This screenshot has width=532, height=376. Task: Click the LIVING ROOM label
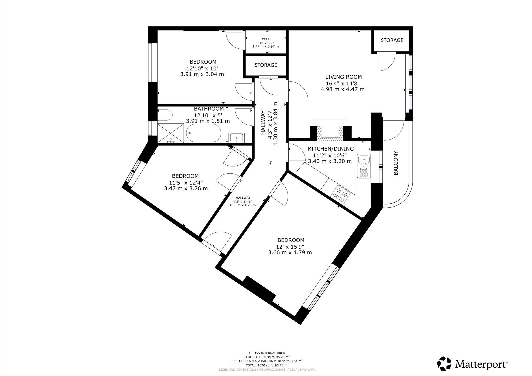[x=343, y=77]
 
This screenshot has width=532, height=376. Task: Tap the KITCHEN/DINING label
[x=331, y=149]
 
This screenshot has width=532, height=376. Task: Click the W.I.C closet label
[x=265, y=39]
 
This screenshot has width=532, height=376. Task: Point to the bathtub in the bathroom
[x=203, y=133]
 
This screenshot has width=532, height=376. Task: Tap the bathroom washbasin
[x=237, y=138]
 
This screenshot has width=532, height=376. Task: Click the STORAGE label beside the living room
[x=392, y=40]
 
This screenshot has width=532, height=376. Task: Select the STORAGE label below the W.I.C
[x=266, y=65]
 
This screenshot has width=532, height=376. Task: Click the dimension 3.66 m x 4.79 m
[x=290, y=252]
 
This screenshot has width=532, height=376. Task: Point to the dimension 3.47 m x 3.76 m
[x=186, y=189]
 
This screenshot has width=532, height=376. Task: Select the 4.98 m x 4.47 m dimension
[x=343, y=89]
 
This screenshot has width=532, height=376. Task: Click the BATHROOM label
[x=209, y=109]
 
